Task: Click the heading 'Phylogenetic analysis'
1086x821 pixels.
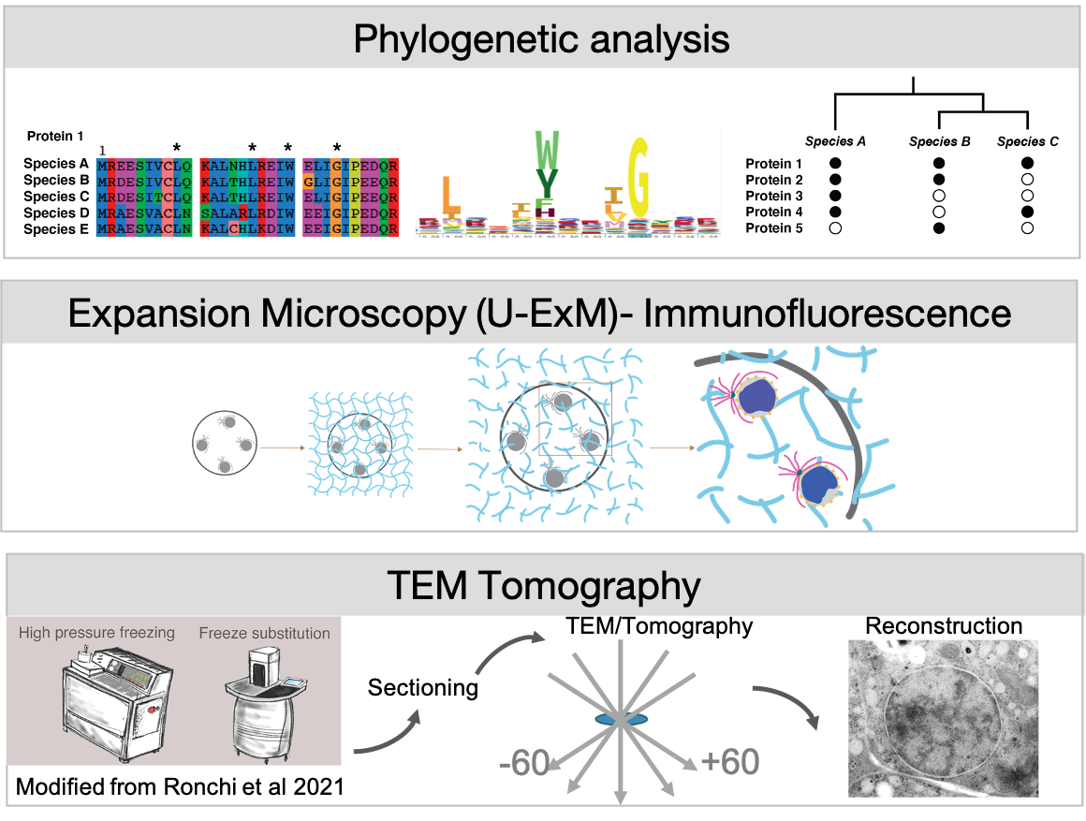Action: click(541, 40)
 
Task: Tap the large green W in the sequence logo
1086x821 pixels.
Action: click(547, 147)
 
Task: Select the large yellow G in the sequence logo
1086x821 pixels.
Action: click(639, 175)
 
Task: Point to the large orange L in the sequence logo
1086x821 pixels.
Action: click(450, 196)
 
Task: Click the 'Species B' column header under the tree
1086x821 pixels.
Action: click(939, 142)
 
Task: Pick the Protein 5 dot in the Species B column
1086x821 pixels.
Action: click(939, 228)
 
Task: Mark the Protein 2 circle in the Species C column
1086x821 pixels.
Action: click(1027, 179)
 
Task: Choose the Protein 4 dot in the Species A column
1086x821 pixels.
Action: click(836, 213)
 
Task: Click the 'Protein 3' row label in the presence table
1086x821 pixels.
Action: click(774, 196)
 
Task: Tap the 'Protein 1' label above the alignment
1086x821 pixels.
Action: click(55, 136)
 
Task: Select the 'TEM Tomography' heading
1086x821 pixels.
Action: click(543, 586)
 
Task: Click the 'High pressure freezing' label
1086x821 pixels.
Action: click(96, 633)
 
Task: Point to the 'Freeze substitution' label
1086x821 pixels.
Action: click(264, 634)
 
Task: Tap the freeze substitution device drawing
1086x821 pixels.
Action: click(266, 708)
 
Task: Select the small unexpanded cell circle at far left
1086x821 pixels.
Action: click(223, 440)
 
